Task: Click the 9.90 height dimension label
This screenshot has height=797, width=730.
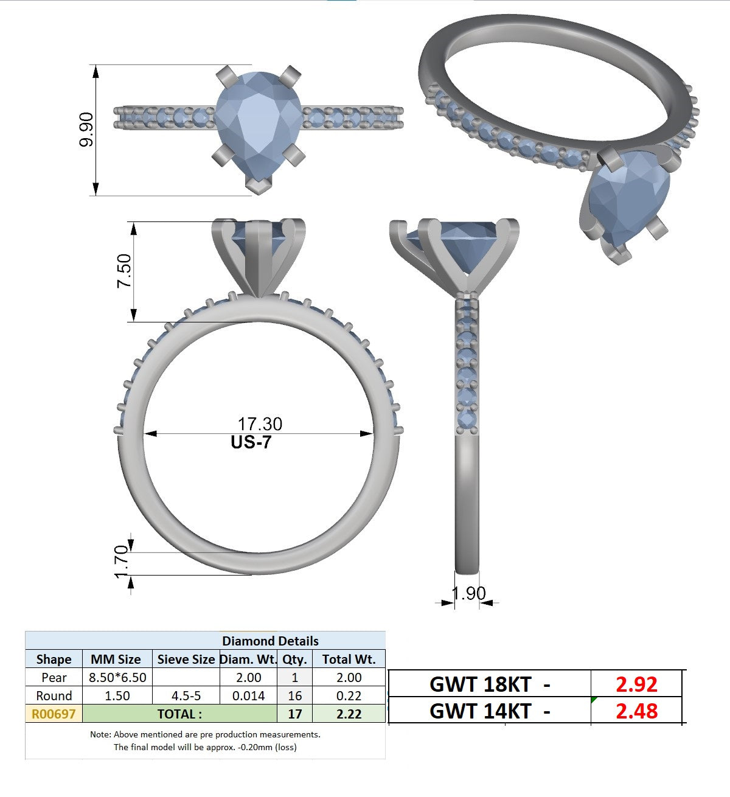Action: click(x=86, y=130)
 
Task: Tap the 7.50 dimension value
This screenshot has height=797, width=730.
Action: click(x=124, y=271)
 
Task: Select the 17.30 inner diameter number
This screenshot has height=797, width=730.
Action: click(x=260, y=424)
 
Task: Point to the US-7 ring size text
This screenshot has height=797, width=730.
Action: click(x=251, y=442)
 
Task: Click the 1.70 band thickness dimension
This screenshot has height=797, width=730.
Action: click(x=121, y=562)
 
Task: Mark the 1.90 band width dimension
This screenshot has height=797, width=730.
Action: click(x=469, y=594)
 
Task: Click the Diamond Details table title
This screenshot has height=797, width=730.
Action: click(x=270, y=641)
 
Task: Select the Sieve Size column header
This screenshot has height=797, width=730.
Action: click(x=186, y=660)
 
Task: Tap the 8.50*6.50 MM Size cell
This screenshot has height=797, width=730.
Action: click(x=117, y=677)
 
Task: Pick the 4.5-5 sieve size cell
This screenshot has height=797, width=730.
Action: click(x=186, y=695)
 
